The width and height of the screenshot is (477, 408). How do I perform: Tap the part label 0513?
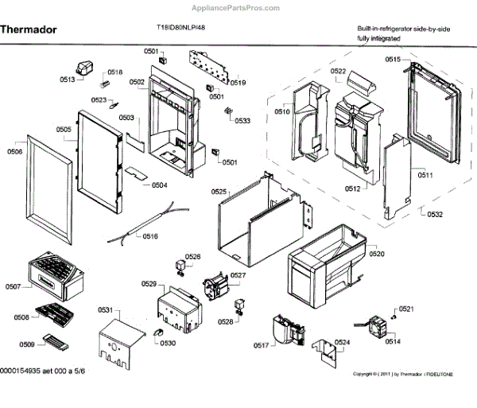click(67, 80)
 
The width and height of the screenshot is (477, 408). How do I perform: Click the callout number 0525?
click(219, 192)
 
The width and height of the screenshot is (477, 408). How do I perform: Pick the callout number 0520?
click(376, 254)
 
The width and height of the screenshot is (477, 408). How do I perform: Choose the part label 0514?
click(393, 342)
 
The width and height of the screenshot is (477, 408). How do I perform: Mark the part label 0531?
click(107, 310)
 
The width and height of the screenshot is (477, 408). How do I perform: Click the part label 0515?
click(393, 60)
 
